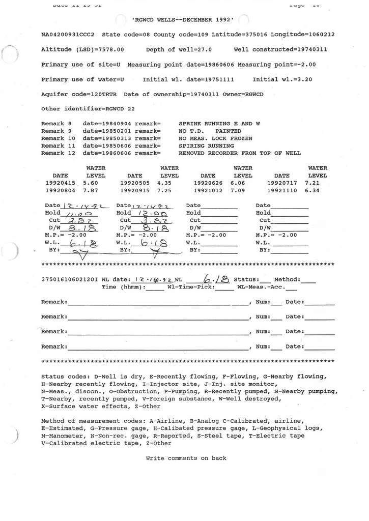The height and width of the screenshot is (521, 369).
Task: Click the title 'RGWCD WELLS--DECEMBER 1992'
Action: (x=183, y=20)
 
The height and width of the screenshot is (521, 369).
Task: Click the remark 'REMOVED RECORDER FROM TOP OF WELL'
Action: (x=240, y=153)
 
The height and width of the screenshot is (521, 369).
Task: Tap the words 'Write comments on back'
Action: (x=186, y=458)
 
